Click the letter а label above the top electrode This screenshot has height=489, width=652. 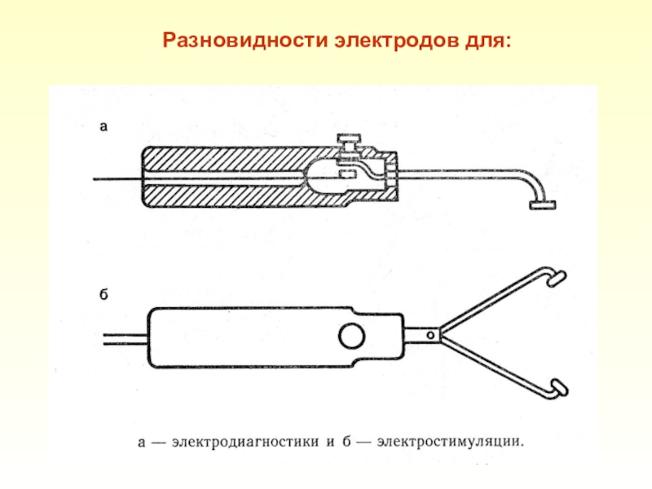104,126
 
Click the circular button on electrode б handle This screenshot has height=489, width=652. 352,335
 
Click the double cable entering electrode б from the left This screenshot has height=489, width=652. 125,336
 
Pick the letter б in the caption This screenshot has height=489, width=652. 347,443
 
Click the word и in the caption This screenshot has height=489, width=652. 330,443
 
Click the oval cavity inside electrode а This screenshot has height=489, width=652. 326,176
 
